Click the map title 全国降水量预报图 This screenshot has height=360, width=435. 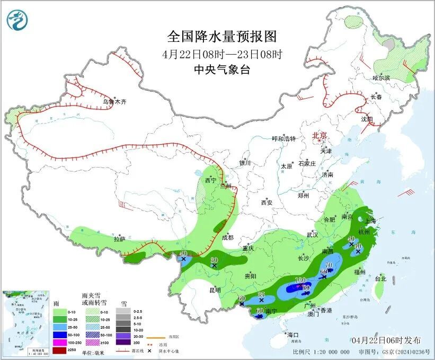coord(222,37)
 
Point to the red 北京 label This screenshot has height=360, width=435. coord(320,136)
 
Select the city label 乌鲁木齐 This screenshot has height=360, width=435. coord(115,101)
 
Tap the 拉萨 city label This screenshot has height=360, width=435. coord(119,239)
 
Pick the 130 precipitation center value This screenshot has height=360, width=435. coord(300,280)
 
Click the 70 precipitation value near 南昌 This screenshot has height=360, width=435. coord(329,265)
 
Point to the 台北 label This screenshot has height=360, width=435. coord(380,278)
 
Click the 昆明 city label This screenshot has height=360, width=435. coord(215,290)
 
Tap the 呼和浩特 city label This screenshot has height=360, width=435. coord(284,139)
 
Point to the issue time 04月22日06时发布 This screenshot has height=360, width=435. coord(386,340)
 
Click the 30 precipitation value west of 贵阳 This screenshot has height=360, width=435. coord(214,260)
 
